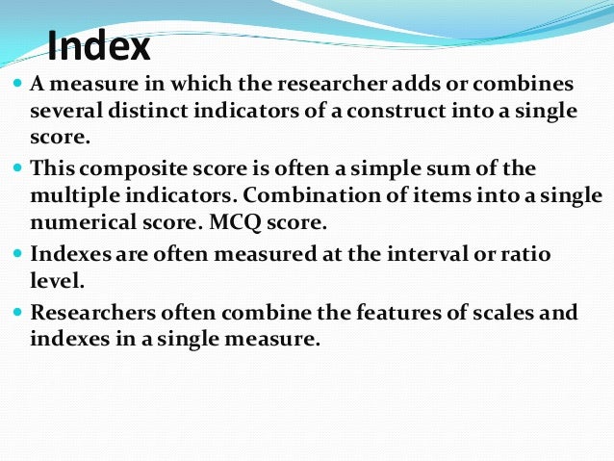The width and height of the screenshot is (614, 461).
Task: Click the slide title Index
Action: [99, 46]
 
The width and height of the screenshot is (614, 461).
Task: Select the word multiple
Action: [76, 195]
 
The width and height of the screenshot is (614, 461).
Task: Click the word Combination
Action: [327, 195]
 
